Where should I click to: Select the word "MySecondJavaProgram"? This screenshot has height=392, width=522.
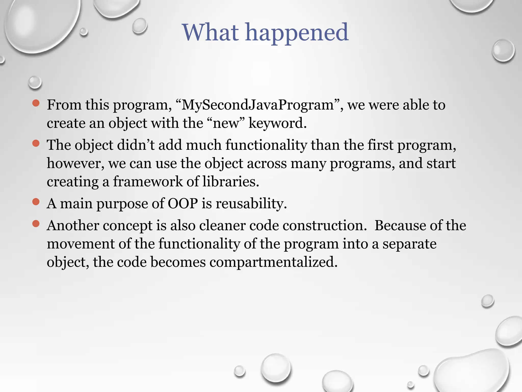pyautogui.click(x=257, y=105)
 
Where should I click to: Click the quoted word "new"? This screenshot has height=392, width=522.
pyautogui.click(x=226, y=124)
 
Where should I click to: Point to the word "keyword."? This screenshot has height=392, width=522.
pyautogui.click(x=277, y=124)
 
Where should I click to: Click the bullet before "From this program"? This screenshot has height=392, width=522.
pyautogui.click(x=36, y=103)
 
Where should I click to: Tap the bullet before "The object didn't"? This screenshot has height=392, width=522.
pyautogui.click(x=36, y=143)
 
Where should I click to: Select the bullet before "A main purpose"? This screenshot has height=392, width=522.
pyautogui.click(x=36, y=202)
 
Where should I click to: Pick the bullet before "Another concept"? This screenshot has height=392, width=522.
pyautogui.click(x=36, y=224)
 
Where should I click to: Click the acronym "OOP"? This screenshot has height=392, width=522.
pyautogui.click(x=182, y=204)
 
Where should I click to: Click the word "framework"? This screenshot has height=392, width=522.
pyautogui.click(x=148, y=182)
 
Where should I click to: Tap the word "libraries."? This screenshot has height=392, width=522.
pyautogui.click(x=231, y=182)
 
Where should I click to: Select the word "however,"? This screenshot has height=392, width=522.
pyautogui.click(x=75, y=163)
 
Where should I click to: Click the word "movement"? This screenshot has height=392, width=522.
pyautogui.click(x=81, y=244)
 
